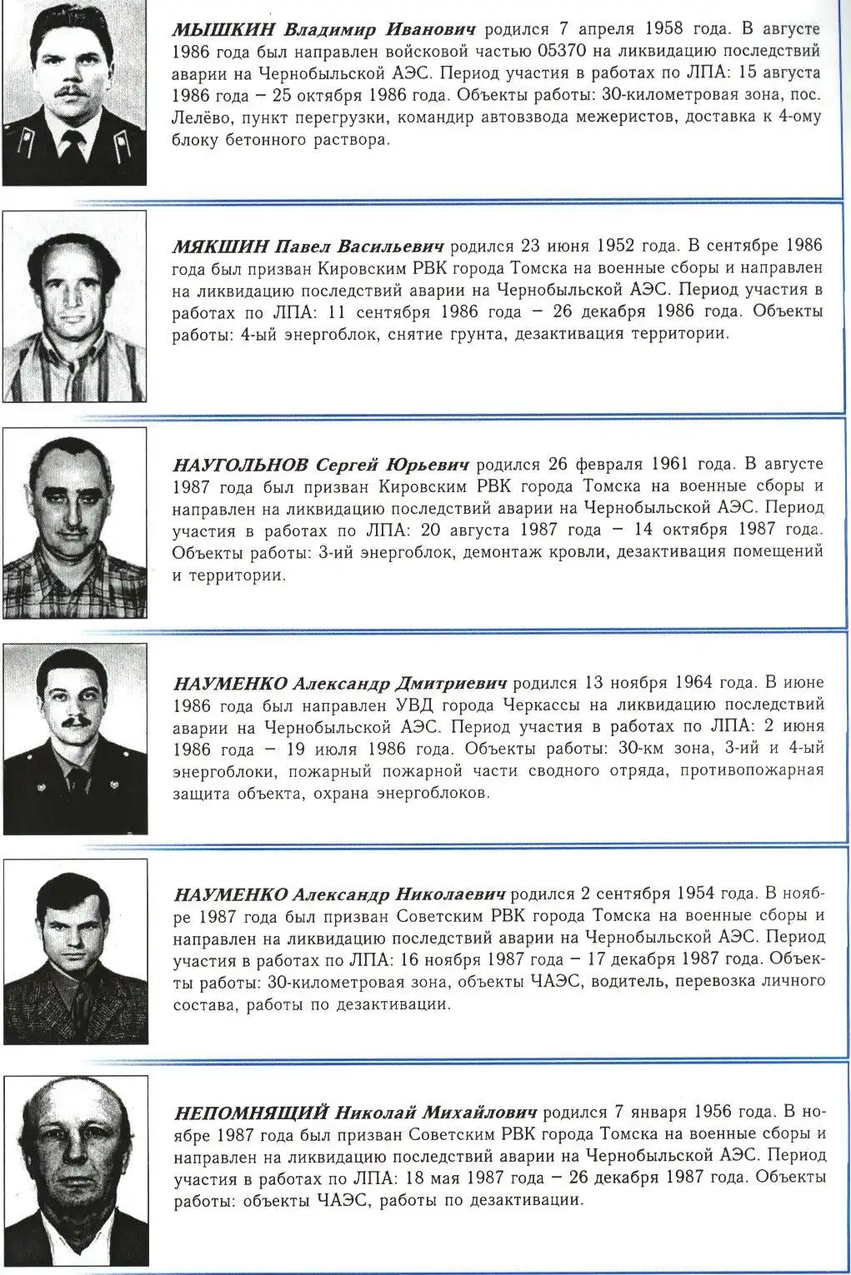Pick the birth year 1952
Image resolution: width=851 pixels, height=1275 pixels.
(x=615, y=247)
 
